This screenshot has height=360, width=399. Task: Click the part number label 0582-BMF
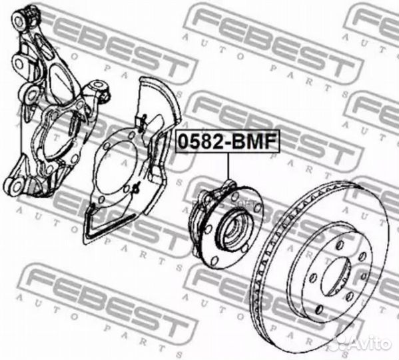tap(227, 141)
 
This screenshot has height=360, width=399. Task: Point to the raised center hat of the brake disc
tap(332, 267)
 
